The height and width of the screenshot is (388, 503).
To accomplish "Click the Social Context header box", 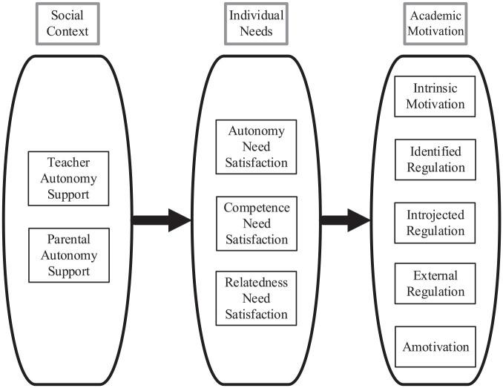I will pyautogui.click(x=68, y=23).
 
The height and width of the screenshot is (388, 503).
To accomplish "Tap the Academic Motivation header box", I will pyautogui.click(x=435, y=23).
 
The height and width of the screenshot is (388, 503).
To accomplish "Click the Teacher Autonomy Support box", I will pyautogui.click(x=68, y=177).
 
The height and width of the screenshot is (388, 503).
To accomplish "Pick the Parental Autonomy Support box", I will pyautogui.click(x=68, y=255).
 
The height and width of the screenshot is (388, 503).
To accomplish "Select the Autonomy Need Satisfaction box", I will pyautogui.click(x=256, y=146).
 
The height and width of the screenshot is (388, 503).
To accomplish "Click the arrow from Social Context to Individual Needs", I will pyautogui.click(x=162, y=220).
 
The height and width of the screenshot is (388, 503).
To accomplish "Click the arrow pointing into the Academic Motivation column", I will pyautogui.click(x=346, y=220).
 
